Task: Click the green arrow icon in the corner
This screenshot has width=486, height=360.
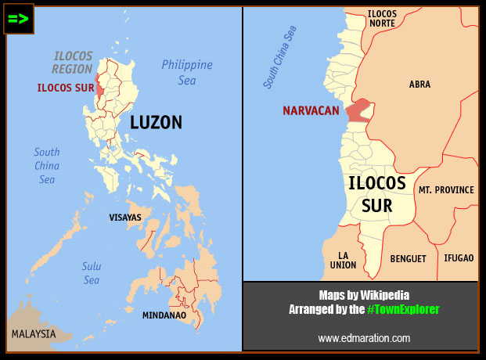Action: point(19,20)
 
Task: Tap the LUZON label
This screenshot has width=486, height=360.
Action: point(156,122)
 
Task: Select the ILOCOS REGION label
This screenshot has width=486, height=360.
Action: point(73,63)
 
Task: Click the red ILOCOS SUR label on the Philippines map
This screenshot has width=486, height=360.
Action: point(65,88)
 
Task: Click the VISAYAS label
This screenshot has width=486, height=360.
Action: point(125,217)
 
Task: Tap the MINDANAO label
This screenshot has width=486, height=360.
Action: point(164,315)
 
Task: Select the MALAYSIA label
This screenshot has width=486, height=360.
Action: point(34,334)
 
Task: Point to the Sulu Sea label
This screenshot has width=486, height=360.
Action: point(92,272)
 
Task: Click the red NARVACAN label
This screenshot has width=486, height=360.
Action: point(311,111)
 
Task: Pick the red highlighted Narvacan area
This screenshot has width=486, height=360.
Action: point(357,110)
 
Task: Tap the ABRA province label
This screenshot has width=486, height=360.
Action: point(419,85)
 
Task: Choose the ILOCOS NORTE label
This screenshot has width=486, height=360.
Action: point(383,19)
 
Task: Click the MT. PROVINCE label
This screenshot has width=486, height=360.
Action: point(446,190)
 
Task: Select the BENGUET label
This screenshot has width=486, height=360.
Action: point(409,258)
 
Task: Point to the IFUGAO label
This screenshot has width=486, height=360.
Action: point(459,257)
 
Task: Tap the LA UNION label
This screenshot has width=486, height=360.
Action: point(347,261)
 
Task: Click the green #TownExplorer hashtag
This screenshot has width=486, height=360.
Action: point(403,310)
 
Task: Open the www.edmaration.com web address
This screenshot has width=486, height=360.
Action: point(364,338)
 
